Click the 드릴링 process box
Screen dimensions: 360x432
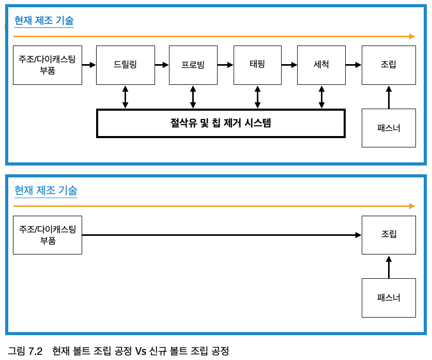coord(126,65)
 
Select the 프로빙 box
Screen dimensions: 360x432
coord(193,65)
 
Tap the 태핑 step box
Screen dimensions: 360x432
coord(257,65)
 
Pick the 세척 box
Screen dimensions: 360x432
coord(321,65)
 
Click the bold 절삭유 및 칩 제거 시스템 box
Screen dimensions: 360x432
coord(221,124)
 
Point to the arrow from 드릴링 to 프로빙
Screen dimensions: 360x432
coord(162,65)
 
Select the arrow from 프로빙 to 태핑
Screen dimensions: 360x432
coord(225,65)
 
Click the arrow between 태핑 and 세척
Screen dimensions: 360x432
coord(289,65)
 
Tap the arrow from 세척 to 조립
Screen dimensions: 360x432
coord(353,65)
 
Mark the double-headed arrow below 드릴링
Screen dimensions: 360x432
coord(125,97)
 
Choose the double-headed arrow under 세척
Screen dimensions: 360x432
coord(321,97)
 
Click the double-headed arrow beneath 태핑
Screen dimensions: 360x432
coord(257,97)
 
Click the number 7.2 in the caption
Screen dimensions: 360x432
coord(35,351)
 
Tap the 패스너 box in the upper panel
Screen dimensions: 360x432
coord(389,128)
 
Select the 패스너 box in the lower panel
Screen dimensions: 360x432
coord(389,298)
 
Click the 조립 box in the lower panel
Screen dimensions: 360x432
coord(389,235)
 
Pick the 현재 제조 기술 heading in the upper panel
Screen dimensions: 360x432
coord(44,21)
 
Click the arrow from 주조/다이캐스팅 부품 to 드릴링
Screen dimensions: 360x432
coord(89,65)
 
